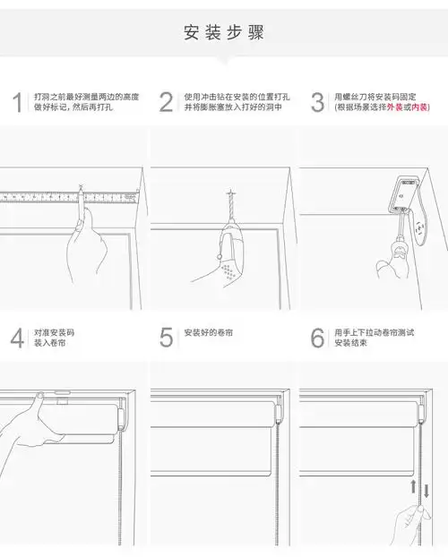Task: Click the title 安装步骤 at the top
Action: coord(223,33)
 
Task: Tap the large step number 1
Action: coord(17,102)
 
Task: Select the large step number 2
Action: coord(166,102)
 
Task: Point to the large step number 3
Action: coord(317,102)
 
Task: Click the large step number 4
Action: coord(17,338)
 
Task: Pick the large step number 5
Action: coord(166,338)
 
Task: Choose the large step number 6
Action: coord(317,338)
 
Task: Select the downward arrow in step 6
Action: coord(426,490)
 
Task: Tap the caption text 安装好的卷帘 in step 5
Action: coord(210,332)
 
